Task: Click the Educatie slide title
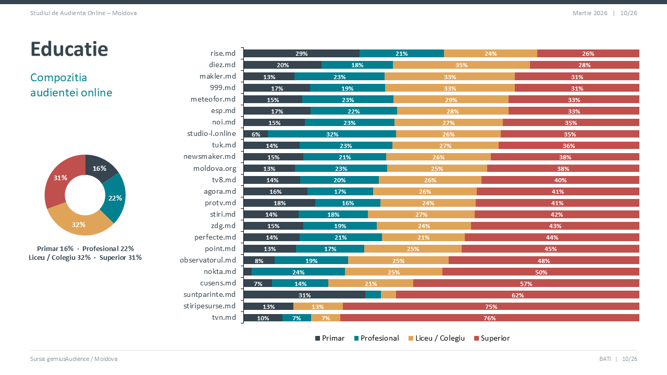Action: click(x=69, y=49)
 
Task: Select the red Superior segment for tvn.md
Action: click(x=489, y=318)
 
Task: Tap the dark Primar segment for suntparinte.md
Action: click(x=304, y=295)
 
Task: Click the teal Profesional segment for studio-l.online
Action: click(x=332, y=134)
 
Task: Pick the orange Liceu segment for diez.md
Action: click(x=461, y=65)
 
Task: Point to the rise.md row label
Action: click(x=223, y=53)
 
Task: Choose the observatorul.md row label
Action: click(x=207, y=260)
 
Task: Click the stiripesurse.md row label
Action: click(x=210, y=306)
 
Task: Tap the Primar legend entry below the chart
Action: click(x=330, y=339)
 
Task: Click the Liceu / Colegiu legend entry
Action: click(x=436, y=339)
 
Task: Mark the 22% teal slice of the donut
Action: click(x=115, y=198)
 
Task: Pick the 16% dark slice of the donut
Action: click(x=100, y=168)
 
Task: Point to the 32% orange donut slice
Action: click(x=79, y=224)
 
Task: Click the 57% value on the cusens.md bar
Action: click(x=526, y=283)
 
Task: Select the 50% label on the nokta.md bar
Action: click(x=541, y=272)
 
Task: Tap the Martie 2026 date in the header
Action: click(x=590, y=13)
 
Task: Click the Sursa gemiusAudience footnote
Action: click(x=73, y=359)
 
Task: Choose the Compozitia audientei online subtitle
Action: click(x=71, y=85)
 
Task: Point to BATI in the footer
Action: click(x=605, y=359)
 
